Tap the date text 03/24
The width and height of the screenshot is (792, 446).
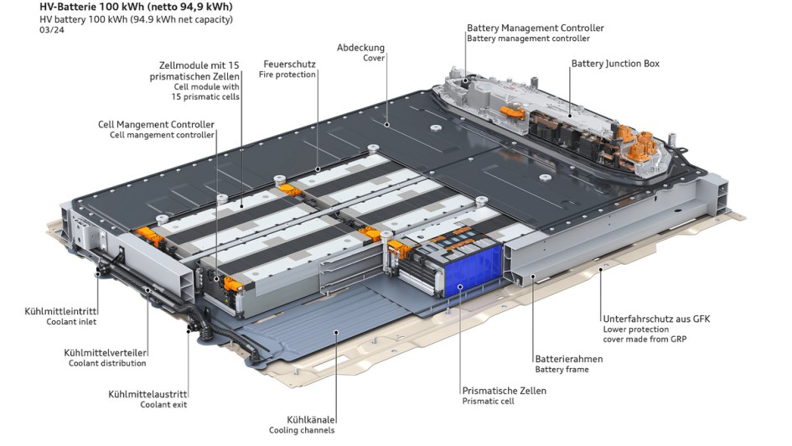pyautogui.click(x=51, y=30)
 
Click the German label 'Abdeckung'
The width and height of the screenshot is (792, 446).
pyautogui.click(x=360, y=48)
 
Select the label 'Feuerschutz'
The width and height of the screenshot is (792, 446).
pyautogui.click(x=289, y=64)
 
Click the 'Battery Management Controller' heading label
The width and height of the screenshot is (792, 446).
pyautogui.click(x=535, y=29)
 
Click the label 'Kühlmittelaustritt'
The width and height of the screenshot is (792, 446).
pyautogui.click(x=147, y=394)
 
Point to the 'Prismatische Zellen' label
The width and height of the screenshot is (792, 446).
pyautogui.click(x=504, y=391)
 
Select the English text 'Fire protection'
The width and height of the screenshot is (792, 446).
pyautogui.click(x=287, y=75)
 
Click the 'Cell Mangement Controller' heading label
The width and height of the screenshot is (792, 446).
pyautogui.click(x=156, y=125)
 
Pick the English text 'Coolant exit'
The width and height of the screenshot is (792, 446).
pyautogui.click(x=163, y=405)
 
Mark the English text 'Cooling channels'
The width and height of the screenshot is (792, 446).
pyautogui.click(x=302, y=430)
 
